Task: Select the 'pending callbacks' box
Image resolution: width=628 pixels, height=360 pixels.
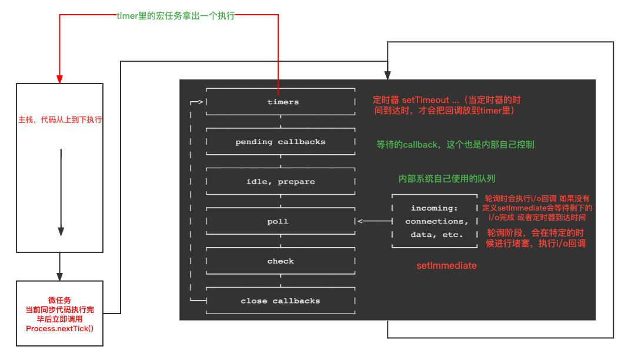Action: coord(280,142)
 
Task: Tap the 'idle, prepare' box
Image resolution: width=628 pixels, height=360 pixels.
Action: coord(280,182)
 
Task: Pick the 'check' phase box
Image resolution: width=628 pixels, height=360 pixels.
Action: coord(280,261)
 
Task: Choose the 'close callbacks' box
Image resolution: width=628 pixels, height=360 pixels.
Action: coord(280,301)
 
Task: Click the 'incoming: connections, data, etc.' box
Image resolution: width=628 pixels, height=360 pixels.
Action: coord(435,221)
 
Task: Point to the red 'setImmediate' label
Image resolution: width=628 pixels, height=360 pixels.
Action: coord(446,266)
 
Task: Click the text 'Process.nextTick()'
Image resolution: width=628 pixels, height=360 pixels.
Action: coord(60,328)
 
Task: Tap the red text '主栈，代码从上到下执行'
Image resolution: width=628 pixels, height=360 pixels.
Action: coord(60,119)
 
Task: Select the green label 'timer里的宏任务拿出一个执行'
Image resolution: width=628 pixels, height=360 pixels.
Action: coord(176,16)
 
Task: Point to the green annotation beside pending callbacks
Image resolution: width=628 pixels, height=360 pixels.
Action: coord(455,144)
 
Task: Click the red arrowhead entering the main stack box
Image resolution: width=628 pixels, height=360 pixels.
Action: coord(60,78)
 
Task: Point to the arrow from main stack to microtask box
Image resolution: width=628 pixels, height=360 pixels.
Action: coord(60,268)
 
